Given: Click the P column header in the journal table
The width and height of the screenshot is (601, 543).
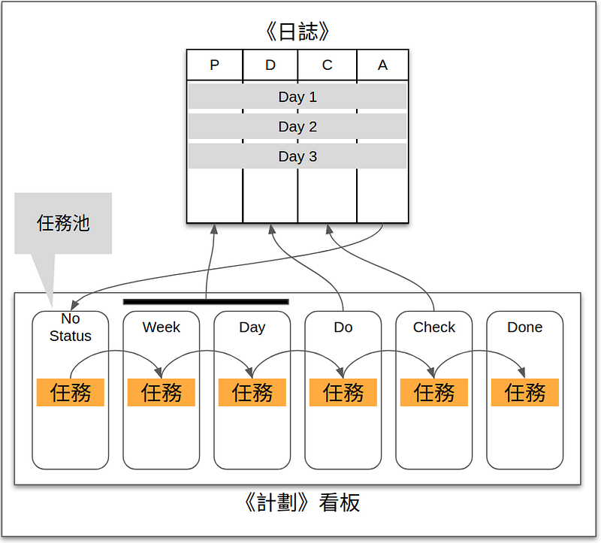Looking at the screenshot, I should [x=215, y=65].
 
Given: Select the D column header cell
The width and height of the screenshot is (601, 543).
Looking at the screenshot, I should [x=270, y=65].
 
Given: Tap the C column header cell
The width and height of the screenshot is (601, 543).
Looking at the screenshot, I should [x=327, y=65].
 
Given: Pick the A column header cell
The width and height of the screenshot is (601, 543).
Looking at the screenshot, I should [x=382, y=65].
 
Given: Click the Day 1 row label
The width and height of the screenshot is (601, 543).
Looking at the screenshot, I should [x=297, y=97].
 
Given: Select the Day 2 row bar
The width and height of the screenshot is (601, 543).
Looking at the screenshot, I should [x=297, y=127].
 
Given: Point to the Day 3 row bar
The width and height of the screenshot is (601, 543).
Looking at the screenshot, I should [x=297, y=157].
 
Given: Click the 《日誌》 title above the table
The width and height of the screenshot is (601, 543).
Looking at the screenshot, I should [x=297, y=32].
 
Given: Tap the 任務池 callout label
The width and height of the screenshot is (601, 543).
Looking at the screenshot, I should [x=63, y=223].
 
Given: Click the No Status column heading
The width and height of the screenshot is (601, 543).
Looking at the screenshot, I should [x=71, y=327].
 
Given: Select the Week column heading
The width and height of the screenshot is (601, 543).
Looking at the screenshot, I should [x=162, y=327].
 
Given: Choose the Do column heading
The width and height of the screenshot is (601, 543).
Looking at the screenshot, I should [x=343, y=327].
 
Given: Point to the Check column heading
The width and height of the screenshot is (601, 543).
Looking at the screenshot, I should [x=434, y=327].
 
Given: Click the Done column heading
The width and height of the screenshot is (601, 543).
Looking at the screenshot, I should [x=524, y=327].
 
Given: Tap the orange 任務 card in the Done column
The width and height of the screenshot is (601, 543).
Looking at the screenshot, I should [x=524, y=392].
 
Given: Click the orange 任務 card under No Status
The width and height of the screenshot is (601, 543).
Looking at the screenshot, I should [x=71, y=392].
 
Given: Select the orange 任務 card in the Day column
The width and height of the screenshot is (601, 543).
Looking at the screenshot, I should [x=252, y=392].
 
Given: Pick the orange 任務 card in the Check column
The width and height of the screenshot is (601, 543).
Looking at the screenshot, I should [x=434, y=392].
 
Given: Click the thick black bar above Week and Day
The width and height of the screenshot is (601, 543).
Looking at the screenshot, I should [x=206, y=302].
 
